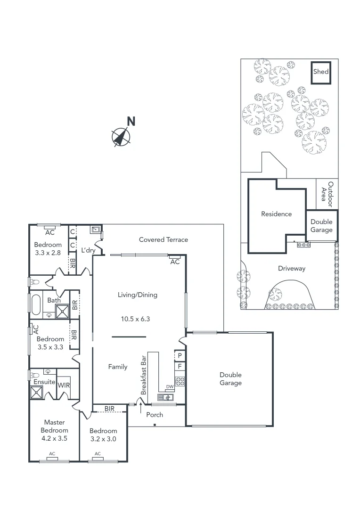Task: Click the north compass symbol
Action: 121,137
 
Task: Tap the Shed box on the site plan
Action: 322,72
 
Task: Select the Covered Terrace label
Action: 163,240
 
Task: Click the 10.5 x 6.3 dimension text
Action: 135,319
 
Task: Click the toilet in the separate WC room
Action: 34,282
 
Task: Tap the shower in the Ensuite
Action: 36,393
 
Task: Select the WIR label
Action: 64,385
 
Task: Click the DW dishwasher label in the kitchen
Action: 170,387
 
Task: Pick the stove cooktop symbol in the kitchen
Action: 180,381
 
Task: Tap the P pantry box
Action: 180,355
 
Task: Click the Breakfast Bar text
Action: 144,375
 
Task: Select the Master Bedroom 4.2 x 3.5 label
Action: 55,430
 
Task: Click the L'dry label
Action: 88,250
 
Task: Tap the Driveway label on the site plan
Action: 291,269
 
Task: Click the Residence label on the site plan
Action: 277,214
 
